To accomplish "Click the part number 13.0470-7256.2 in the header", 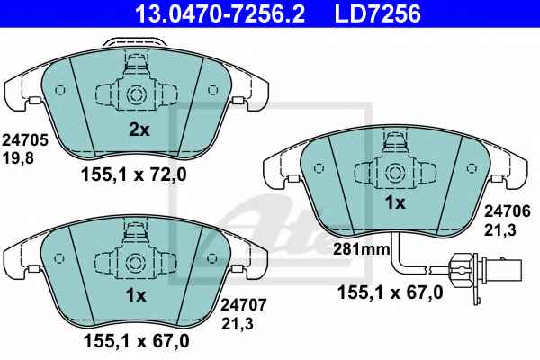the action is [220, 13].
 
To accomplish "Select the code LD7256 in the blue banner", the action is [378, 13].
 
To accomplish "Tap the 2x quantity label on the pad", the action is [139, 130].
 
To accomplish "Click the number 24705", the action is [25, 140].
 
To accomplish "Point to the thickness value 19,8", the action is [18, 158].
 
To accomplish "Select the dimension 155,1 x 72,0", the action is [134, 175].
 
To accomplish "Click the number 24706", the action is [508, 211].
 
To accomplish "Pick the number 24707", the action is [244, 305].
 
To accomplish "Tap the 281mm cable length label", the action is [361, 249].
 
